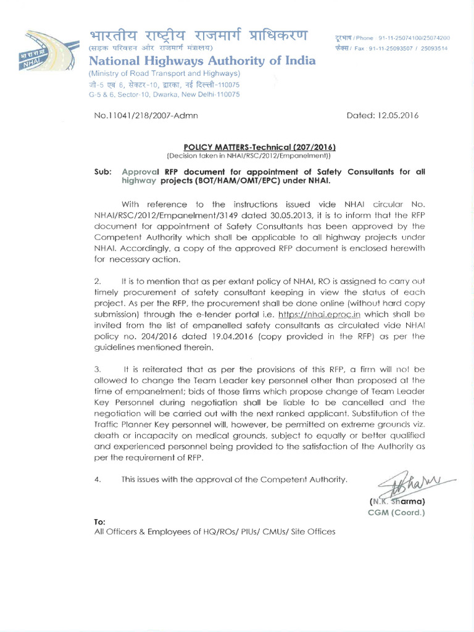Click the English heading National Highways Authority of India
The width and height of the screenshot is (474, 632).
click(x=202, y=60)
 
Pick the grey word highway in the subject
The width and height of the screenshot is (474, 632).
click(x=139, y=181)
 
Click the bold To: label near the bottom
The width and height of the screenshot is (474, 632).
click(x=100, y=522)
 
